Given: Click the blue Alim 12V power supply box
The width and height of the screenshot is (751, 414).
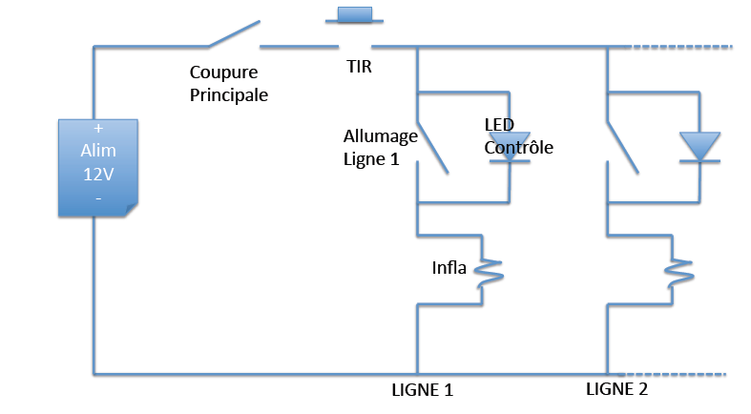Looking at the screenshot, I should (98, 166).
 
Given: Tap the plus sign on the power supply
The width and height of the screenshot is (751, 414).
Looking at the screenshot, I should (97, 127).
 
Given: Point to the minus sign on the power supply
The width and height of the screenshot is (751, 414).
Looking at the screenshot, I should (97, 197).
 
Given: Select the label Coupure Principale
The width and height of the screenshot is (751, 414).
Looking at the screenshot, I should (228, 84).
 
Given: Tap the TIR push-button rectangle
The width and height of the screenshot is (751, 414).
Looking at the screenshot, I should (354, 14).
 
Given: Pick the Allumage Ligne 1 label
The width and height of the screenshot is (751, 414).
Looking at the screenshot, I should (380, 147).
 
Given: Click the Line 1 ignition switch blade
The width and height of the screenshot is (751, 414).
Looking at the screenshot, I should (432, 146).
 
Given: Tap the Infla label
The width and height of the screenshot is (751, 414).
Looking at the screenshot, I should (449, 267).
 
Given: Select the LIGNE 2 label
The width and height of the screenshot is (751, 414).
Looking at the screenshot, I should (616, 388).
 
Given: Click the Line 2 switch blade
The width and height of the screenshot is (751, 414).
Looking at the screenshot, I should (623, 146).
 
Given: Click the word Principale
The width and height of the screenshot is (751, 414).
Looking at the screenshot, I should (228, 95).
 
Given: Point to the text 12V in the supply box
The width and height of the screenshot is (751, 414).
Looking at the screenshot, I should (97, 175).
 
